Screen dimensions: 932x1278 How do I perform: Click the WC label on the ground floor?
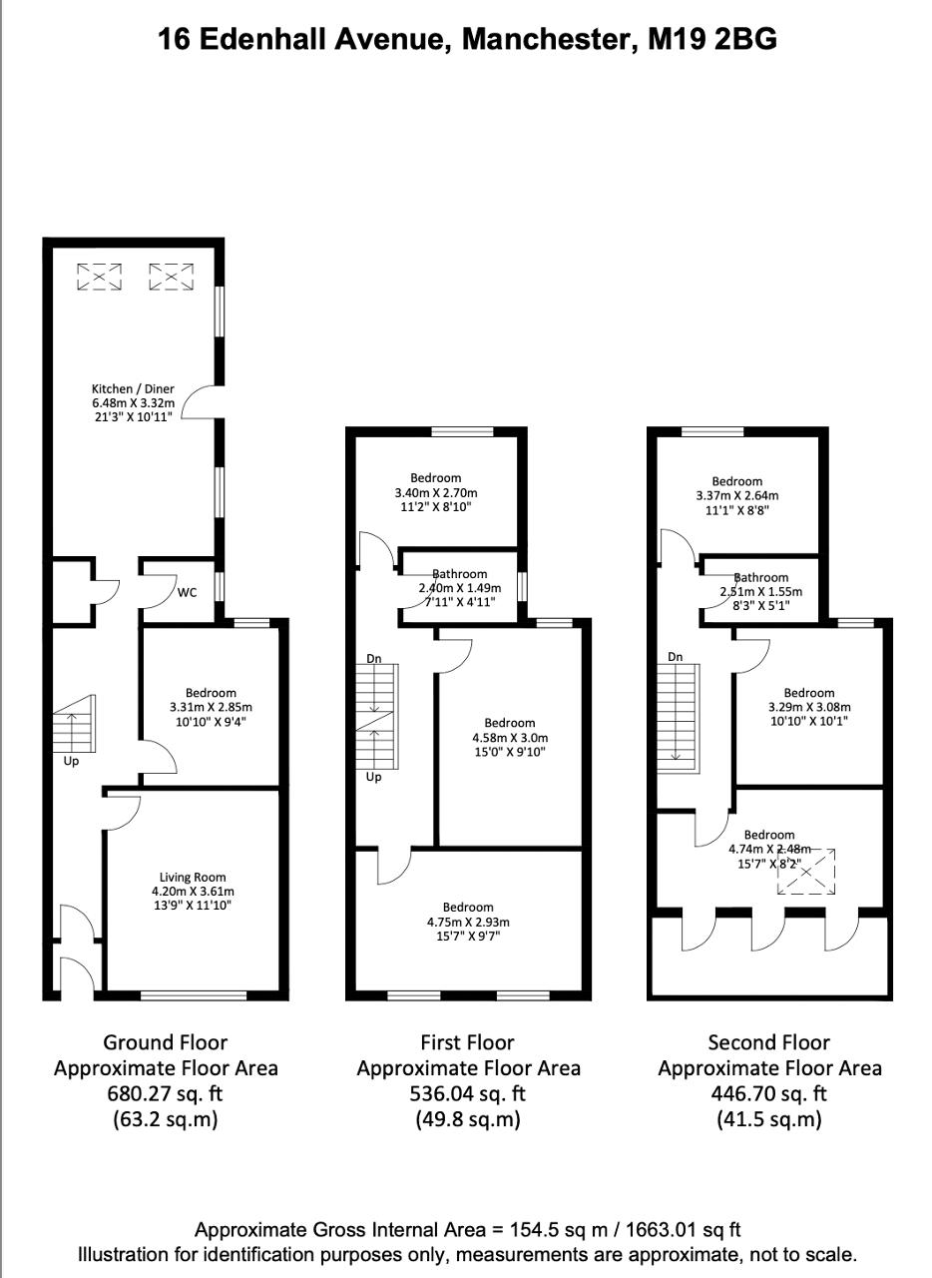point(187,592)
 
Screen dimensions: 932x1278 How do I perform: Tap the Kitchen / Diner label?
point(133,388)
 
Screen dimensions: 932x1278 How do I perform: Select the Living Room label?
point(193,877)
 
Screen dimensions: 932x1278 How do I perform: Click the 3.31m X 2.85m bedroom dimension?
point(211,707)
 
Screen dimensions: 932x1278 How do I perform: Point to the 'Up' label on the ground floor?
point(71,762)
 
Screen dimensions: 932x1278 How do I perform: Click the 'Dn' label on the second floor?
point(675,657)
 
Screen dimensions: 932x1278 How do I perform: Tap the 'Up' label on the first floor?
point(373,777)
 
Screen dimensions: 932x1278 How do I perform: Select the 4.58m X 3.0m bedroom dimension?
point(510,737)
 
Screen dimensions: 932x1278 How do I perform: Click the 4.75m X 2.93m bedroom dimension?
point(468,922)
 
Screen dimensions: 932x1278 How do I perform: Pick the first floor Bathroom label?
point(460,574)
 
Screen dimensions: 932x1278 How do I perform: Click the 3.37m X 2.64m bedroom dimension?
point(737,495)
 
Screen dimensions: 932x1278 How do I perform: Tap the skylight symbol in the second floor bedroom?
point(806,872)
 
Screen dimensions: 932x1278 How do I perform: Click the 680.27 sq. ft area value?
point(165,1093)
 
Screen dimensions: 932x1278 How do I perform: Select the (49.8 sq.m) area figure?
point(468,1119)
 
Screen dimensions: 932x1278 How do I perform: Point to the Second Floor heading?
point(769,1042)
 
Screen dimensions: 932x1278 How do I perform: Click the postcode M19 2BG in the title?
point(712,39)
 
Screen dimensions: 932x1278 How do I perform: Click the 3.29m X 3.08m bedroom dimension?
point(809,707)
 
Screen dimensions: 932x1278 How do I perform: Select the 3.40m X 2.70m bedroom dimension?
point(436,492)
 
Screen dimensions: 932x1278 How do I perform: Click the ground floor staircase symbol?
point(75,724)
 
